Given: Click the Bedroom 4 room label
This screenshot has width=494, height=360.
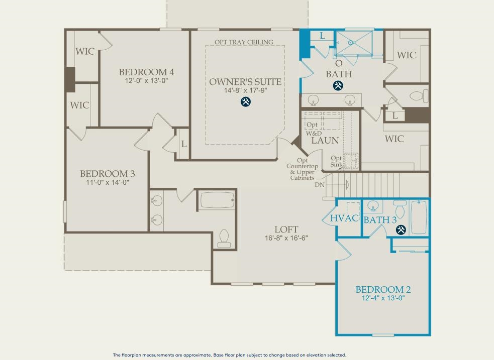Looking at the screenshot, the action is pos(147,72).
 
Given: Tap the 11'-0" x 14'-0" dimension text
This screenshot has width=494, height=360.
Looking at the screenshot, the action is pos(108,182).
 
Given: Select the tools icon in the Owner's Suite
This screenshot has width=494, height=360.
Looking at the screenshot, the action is pos(245,101).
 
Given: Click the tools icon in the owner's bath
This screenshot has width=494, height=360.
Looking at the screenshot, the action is pos(338,85).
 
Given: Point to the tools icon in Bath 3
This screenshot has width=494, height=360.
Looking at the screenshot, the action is pos(401,229).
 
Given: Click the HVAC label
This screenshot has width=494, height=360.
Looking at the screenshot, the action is pos(344,218).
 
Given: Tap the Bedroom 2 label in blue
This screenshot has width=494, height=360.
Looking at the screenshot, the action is pos(383,289).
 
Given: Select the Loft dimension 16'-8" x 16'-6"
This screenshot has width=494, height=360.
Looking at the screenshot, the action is pos(286,238).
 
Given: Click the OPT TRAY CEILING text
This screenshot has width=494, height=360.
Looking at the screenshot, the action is pos(244,42).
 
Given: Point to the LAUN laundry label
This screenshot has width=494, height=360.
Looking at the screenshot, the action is pos(325,141).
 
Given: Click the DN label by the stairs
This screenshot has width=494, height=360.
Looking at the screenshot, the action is pos(320,185).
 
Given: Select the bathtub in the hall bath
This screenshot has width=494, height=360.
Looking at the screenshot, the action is pos(218,200).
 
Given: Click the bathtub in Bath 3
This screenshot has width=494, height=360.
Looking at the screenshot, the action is pos(419,217).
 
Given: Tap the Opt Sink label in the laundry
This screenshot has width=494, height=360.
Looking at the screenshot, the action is pos(336,161).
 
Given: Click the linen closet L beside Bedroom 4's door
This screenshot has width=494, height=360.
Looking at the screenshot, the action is pos(184,144).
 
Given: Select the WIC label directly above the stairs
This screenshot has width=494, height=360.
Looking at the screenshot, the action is pos(394,139).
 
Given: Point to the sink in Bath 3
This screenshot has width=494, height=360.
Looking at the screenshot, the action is pos(373,206).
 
